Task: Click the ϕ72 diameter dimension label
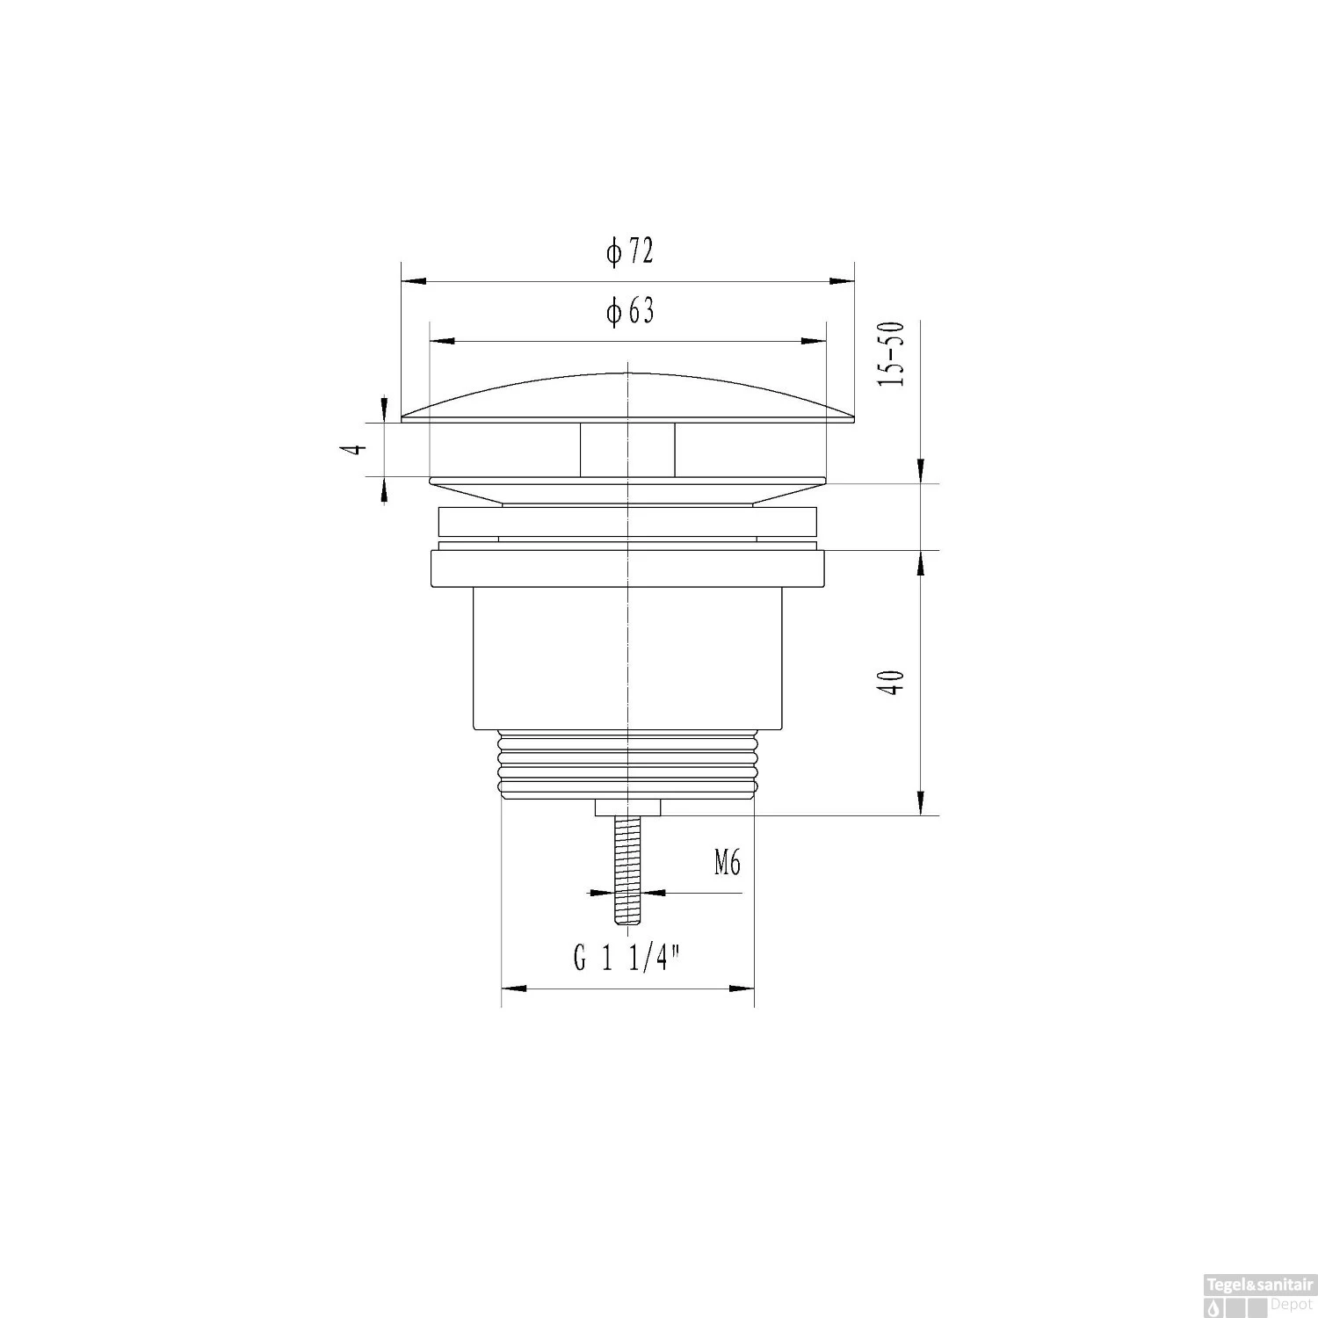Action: (629, 253)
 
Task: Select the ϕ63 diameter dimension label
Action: (629, 311)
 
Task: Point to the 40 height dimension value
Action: (894, 683)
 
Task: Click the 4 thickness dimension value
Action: (355, 448)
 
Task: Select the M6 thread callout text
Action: (727, 864)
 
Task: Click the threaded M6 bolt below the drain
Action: (627, 870)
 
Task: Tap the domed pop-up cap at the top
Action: (627, 400)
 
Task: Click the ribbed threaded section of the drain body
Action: (627, 764)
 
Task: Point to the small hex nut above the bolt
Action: (627, 807)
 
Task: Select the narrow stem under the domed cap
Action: (627, 450)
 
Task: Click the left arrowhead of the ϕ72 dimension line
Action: (413, 282)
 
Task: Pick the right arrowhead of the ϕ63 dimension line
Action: (815, 341)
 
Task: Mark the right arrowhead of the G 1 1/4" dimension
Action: (742, 989)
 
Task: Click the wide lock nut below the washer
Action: (627, 568)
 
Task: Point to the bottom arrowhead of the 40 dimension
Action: (920, 804)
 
